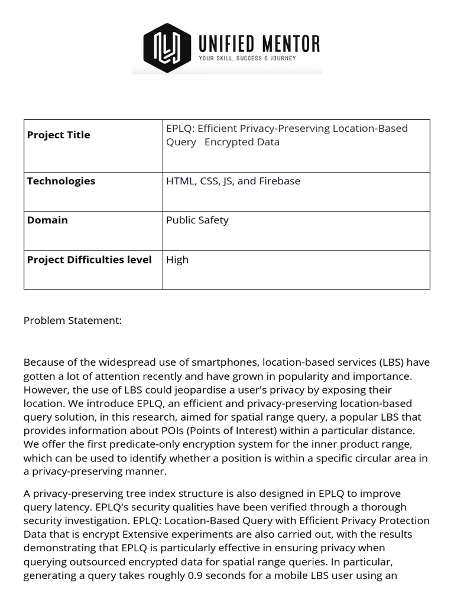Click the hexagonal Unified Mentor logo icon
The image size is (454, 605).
pyautogui.click(x=163, y=48)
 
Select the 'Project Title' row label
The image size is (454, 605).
pyautogui.click(x=59, y=135)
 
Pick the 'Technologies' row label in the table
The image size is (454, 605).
pyautogui.click(x=61, y=181)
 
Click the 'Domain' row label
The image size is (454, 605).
pyautogui.click(x=47, y=220)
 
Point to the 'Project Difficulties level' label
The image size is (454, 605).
pyautogui.click(x=89, y=259)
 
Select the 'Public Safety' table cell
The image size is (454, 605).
pyautogui.click(x=197, y=220)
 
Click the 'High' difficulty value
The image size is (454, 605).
pyautogui.click(x=177, y=259)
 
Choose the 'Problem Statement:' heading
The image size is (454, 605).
pyautogui.click(x=73, y=320)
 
